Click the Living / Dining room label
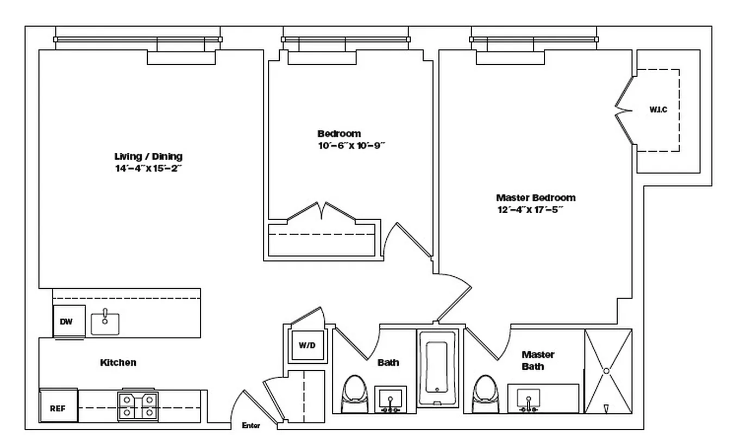148,157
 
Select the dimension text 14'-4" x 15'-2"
148,169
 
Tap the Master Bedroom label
535,198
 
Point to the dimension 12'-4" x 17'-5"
529,210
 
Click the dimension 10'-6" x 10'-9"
351,145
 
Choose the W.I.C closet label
658,110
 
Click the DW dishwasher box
66,322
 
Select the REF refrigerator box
58,408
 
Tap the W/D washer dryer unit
307,345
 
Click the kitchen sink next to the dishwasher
105,323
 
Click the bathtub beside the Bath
437,367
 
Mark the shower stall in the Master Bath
608,371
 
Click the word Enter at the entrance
250,425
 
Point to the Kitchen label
118,363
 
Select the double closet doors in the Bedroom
322,213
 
